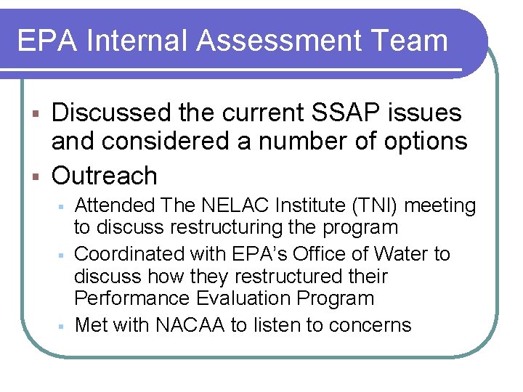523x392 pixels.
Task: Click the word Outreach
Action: coord(105,175)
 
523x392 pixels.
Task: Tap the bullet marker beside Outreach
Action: coord(35,176)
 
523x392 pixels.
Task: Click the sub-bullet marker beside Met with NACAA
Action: coord(64,325)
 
